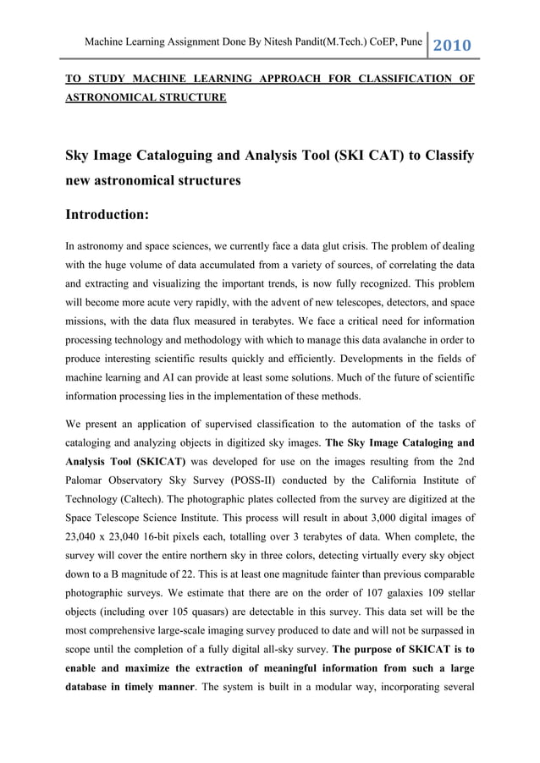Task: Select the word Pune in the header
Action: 411,41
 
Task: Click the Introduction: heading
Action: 107,215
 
